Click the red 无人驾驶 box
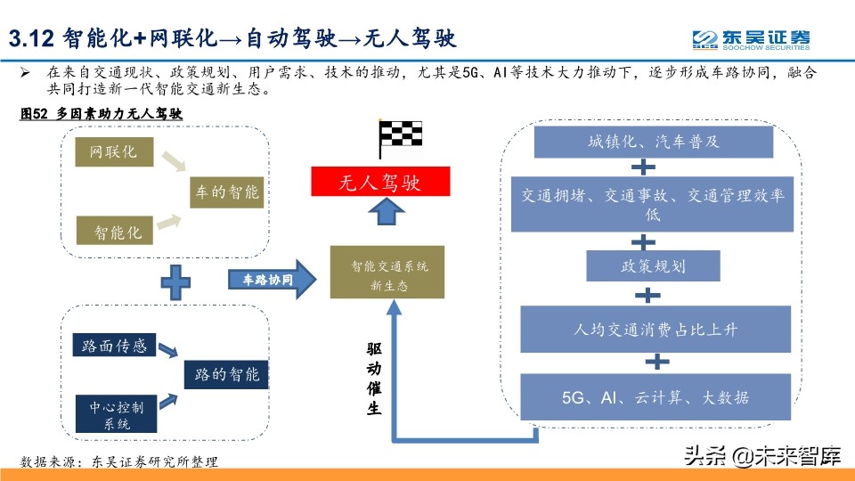(380, 183)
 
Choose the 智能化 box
(115, 232)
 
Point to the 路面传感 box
(114, 346)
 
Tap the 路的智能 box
(226, 374)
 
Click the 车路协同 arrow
(273, 279)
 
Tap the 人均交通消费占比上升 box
(655, 330)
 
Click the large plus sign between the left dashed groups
(175, 283)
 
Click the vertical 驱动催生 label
(374, 378)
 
